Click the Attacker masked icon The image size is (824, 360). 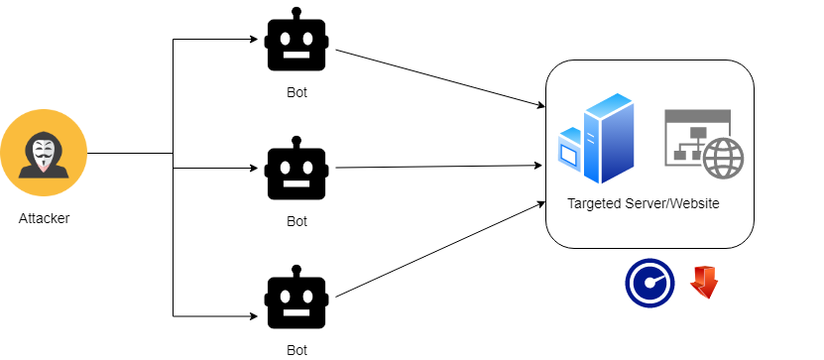pyautogui.click(x=44, y=154)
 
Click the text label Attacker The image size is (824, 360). pyautogui.click(x=45, y=217)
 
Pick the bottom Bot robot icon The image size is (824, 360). pyautogui.click(x=297, y=299)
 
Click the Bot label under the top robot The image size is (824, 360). pyautogui.click(x=297, y=93)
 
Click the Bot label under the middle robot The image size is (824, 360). pyautogui.click(x=297, y=221)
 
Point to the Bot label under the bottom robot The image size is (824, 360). pyautogui.click(x=297, y=349)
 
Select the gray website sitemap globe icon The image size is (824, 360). pyautogui.click(x=702, y=144)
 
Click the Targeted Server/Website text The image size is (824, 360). pyautogui.click(x=644, y=203)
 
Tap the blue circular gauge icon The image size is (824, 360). pyautogui.click(x=648, y=283)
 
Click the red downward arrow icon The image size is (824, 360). pyautogui.click(x=704, y=282)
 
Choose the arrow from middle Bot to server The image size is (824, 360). pyautogui.click(x=441, y=166)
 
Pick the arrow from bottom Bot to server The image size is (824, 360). pyautogui.click(x=441, y=249)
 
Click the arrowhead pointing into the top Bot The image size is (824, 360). pyautogui.click(x=254, y=41)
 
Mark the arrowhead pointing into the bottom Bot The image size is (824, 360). pyautogui.click(x=254, y=316)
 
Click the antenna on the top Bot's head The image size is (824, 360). pyautogui.click(x=297, y=14)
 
